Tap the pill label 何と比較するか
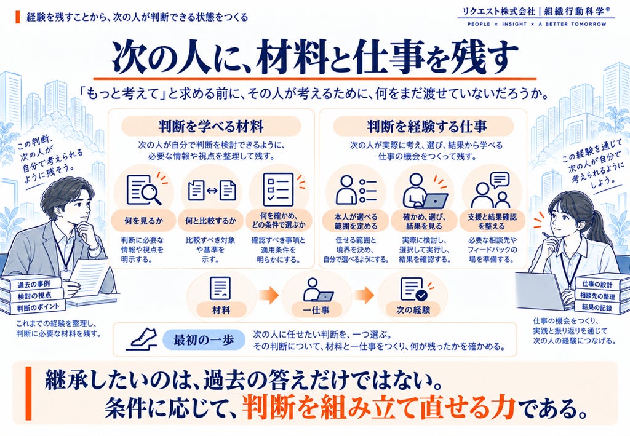click(x=211, y=221)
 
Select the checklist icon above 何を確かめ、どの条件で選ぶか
click(x=279, y=189)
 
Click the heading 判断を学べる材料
click(x=211, y=127)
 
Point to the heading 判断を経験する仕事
click(x=424, y=127)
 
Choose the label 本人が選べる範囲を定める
click(x=356, y=221)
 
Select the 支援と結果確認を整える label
click(x=492, y=221)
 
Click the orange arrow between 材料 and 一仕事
click(x=268, y=296)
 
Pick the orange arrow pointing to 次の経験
click(x=364, y=296)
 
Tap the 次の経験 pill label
click(x=413, y=310)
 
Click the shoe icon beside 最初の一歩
click(x=143, y=339)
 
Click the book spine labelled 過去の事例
click(x=33, y=285)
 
